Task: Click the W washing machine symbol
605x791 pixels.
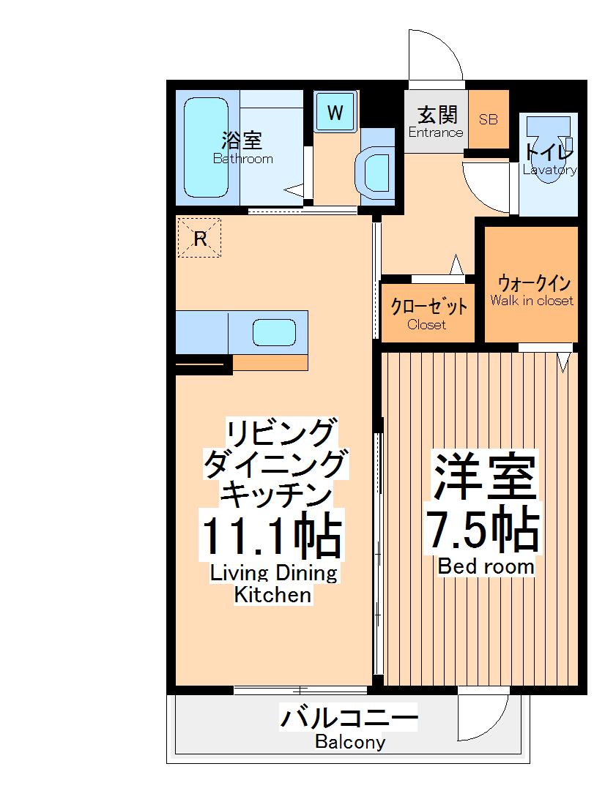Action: pos(335,113)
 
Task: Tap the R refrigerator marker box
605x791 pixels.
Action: pos(200,239)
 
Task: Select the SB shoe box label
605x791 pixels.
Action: pos(488,119)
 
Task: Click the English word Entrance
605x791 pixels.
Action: pos(436,132)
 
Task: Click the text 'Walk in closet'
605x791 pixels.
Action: pos(532,301)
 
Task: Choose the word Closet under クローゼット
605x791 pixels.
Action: pos(426,325)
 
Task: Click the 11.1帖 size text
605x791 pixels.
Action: pos(272,538)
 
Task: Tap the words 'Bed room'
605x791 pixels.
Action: pos(486,566)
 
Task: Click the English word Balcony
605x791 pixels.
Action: pos(350,743)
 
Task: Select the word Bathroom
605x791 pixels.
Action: pos(242,159)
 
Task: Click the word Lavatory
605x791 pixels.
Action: pos(549,170)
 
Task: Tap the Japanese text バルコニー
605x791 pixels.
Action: pos(349,718)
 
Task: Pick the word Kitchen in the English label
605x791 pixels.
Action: pos(272,596)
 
